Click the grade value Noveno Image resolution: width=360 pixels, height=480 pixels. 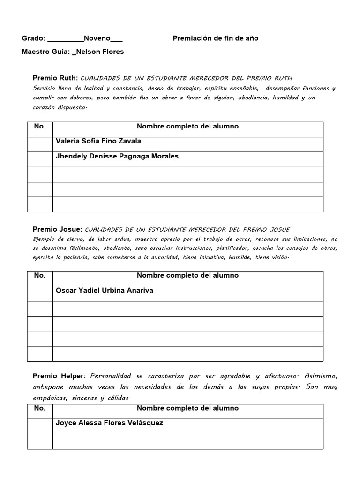(x=97, y=38)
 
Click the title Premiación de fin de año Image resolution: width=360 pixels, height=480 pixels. (x=216, y=38)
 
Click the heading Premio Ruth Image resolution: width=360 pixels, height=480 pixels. (x=55, y=78)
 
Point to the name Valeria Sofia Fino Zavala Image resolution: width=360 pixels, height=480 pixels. (x=98, y=141)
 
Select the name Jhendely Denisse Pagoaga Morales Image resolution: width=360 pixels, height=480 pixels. (x=117, y=156)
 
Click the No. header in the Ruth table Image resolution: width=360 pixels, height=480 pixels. (x=40, y=127)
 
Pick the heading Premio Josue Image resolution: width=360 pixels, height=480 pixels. (x=58, y=229)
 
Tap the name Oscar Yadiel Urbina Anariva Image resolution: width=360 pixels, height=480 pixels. (x=105, y=291)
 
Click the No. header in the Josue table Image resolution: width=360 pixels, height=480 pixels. (x=40, y=276)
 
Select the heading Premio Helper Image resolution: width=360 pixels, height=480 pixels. (x=59, y=376)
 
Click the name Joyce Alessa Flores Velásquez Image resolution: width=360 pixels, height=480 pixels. (x=110, y=423)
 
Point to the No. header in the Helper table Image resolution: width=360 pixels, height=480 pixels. (x=40, y=408)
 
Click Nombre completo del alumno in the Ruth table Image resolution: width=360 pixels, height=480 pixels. (x=187, y=127)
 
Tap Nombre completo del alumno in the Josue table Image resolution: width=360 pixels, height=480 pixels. (x=187, y=276)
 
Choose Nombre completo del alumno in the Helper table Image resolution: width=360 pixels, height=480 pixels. (x=187, y=408)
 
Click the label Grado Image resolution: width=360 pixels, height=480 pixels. (x=33, y=38)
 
